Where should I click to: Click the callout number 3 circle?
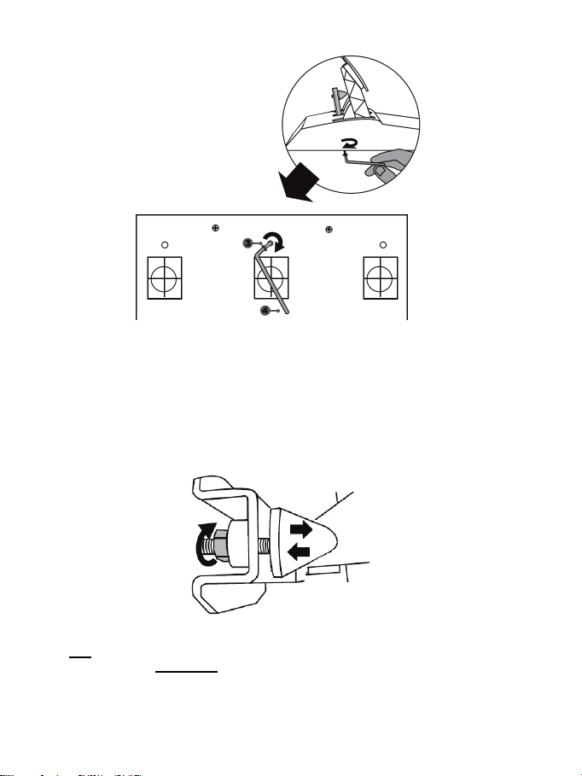click(x=248, y=243)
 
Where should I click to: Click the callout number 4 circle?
click(x=265, y=311)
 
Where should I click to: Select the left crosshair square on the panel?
click(x=166, y=277)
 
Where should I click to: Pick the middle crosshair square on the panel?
click(x=274, y=277)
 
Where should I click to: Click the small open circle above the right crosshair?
click(x=383, y=245)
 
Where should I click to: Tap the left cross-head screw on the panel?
click(x=214, y=228)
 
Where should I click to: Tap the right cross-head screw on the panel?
click(x=329, y=228)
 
